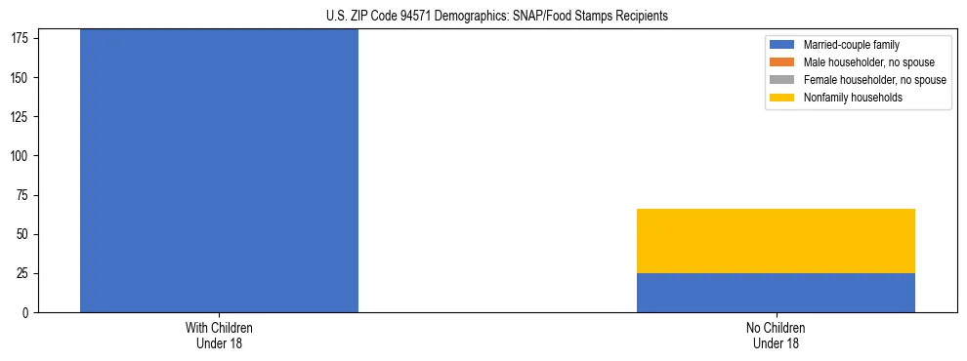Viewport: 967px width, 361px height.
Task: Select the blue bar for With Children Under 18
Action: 219,171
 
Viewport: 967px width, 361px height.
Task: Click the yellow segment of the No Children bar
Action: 776,241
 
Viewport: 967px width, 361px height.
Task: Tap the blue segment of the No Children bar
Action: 776,293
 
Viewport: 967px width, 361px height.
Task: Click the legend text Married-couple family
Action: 852,45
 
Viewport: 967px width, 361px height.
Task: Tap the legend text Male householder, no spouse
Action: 868,62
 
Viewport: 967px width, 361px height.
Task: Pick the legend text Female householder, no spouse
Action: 874,80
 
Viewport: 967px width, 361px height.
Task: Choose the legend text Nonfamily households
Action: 851,98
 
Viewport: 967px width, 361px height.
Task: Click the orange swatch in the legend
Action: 782,62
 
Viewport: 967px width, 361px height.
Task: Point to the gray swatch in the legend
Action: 782,80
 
